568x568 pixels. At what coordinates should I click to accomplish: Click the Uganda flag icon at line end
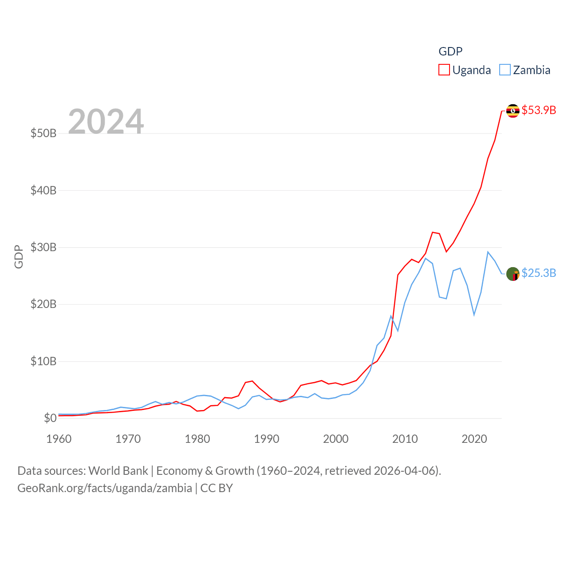point(513,110)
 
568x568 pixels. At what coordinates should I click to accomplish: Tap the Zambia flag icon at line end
point(513,274)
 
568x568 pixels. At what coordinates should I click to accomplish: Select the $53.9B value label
point(539,110)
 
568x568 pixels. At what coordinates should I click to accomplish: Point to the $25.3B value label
point(539,273)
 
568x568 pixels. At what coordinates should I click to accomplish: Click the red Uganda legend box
point(444,70)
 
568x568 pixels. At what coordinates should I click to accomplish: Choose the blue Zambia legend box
point(505,70)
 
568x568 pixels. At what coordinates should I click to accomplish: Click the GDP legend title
point(450,51)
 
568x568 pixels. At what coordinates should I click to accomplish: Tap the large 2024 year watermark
point(106,121)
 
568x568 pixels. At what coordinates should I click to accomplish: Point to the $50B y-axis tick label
point(43,133)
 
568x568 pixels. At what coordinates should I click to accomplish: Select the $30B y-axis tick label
point(43,247)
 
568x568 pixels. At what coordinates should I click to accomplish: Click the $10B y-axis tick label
point(43,361)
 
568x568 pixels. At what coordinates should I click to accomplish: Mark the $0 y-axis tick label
point(50,418)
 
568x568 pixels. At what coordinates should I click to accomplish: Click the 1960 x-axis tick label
point(59,439)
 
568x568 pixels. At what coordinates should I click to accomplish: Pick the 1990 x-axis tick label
point(267,439)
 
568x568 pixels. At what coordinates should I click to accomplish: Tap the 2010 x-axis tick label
point(405,439)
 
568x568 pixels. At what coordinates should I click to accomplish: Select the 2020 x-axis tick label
point(474,439)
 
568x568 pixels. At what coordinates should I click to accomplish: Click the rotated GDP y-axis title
point(19,256)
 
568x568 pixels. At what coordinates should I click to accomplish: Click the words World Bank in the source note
point(118,470)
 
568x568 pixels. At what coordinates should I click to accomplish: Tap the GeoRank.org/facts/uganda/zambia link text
point(105,488)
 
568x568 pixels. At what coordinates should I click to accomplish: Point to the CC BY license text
point(217,488)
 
